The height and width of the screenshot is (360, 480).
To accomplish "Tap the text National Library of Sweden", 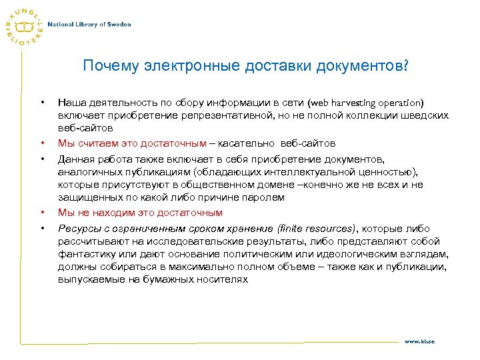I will click(x=89, y=25).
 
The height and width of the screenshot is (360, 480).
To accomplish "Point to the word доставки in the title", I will click(x=265, y=67).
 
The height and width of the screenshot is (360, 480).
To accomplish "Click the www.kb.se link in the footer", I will click(x=419, y=341).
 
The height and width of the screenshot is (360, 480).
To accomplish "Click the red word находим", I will click(x=111, y=213).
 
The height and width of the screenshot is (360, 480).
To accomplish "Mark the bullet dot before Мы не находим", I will click(x=42, y=213).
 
